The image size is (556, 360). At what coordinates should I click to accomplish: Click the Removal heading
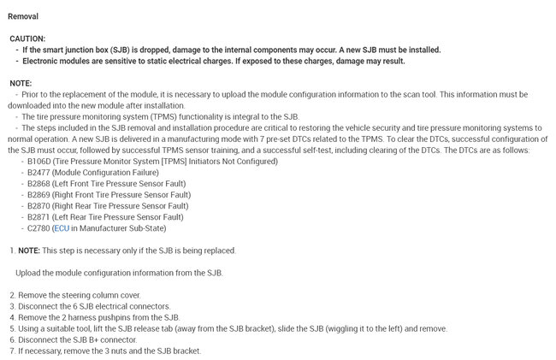click(22, 16)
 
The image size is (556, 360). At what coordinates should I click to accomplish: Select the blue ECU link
click(61, 228)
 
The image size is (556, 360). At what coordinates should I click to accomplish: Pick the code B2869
click(39, 195)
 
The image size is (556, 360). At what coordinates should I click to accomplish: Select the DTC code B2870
click(39, 206)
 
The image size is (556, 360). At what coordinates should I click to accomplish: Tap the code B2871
click(39, 217)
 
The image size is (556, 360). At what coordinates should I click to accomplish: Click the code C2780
click(39, 228)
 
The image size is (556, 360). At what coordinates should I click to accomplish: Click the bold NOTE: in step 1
click(29, 251)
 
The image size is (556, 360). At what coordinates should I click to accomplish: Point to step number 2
click(11, 295)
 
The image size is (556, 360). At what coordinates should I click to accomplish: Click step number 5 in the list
click(11, 328)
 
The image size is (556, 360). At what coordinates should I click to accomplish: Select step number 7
click(11, 351)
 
